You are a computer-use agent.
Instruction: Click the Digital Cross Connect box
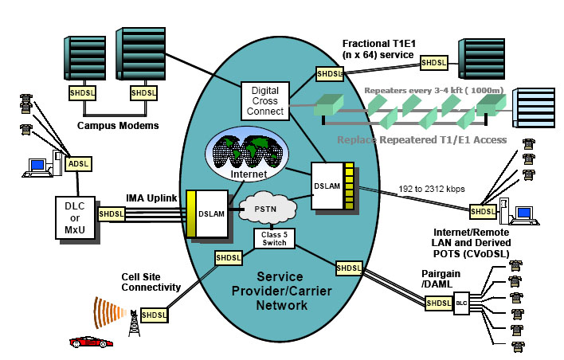point(265,101)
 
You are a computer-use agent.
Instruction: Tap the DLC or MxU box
point(72,214)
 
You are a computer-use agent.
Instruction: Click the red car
point(91,342)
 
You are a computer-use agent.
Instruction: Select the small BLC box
point(461,303)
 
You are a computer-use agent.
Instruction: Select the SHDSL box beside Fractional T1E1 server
point(433,61)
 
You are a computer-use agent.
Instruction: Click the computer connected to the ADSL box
point(37,167)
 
